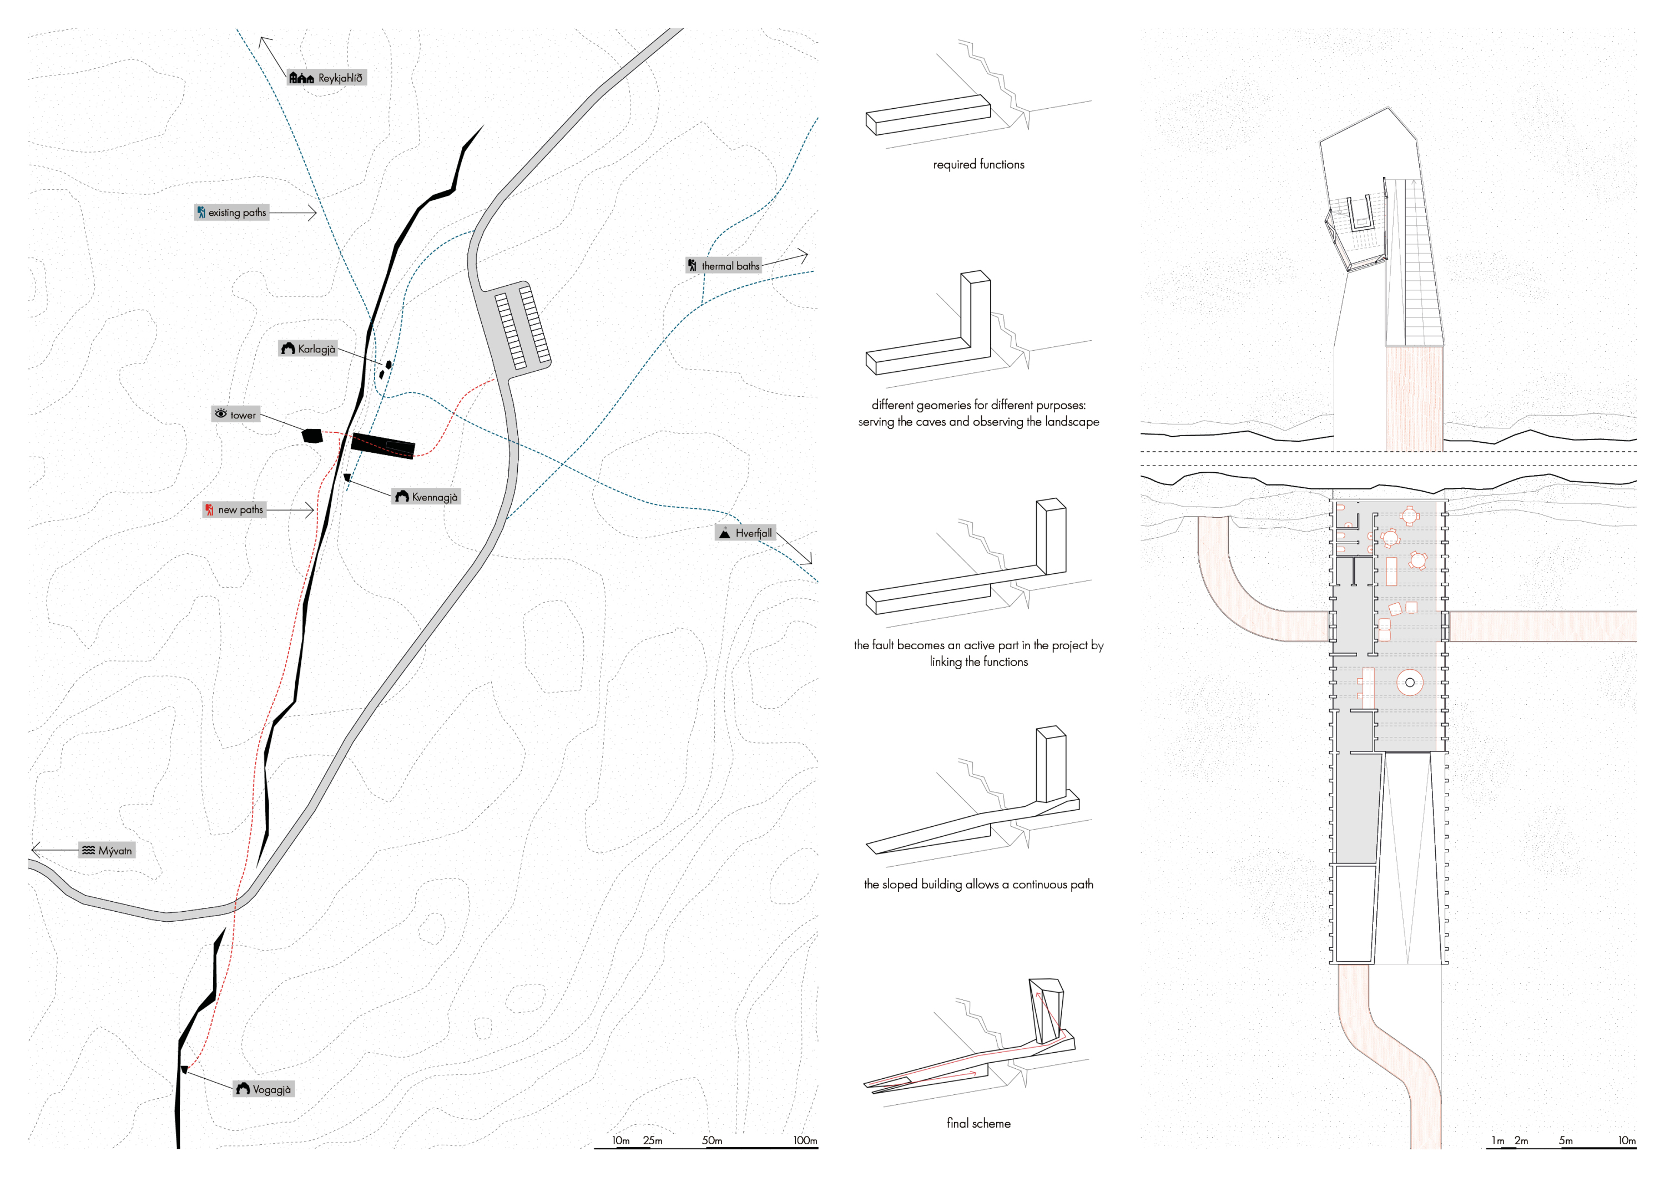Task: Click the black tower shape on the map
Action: point(312,436)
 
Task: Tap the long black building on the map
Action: point(383,444)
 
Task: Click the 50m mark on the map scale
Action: point(712,1140)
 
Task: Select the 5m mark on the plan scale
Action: point(1566,1140)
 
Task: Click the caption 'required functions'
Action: point(978,165)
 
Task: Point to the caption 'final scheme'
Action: point(978,1123)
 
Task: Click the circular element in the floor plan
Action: point(1409,683)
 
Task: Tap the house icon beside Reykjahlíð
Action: point(301,78)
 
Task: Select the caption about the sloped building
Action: point(978,884)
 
